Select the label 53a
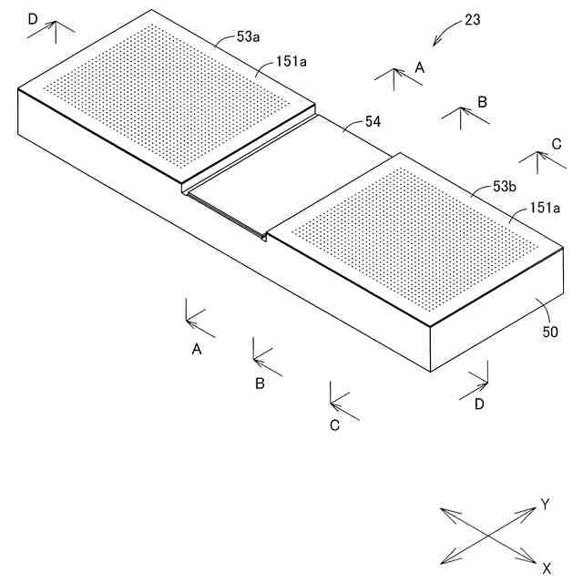(249, 37)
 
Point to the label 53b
(506, 186)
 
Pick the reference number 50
(549, 332)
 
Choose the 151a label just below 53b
(546, 208)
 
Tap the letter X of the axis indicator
(547, 568)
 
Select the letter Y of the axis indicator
(545, 504)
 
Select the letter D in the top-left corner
(33, 18)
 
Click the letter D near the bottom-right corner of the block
(479, 404)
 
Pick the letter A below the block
(196, 349)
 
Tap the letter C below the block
(334, 424)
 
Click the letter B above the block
(483, 101)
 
